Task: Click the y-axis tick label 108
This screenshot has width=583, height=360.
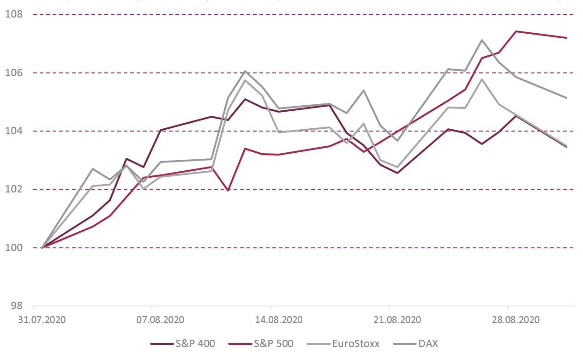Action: pyautogui.click(x=14, y=14)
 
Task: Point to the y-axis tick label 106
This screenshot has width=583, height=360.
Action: pyautogui.click(x=14, y=72)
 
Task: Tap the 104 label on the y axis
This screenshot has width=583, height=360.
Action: pyautogui.click(x=14, y=131)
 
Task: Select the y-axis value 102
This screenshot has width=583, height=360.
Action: pyautogui.click(x=14, y=189)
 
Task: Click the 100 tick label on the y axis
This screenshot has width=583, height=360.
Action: pyautogui.click(x=14, y=247)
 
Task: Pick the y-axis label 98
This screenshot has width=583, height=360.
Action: pyautogui.click(x=17, y=306)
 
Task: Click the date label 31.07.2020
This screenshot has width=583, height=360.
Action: pyautogui.click(x=42, y=320)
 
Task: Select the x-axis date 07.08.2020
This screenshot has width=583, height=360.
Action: pyautogui.click(x=160, y=320)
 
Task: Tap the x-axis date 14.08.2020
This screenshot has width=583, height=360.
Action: pyautogui.click(x=279, y=320)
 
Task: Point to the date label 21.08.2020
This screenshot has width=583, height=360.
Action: pyautogui.click(x=397, y=320)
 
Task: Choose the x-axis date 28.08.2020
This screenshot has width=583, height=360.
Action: pyautogui.click(x=516, y=320)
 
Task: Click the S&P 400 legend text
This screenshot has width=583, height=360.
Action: pyautogui.click(x=195, y=343)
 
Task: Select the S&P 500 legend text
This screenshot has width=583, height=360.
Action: pyautogui.click(x=274, y=343)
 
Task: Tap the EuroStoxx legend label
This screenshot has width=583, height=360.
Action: pyautogui.click(x=356, y=343)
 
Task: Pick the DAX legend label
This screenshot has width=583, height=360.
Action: pyautogui.click(x=428, y=343)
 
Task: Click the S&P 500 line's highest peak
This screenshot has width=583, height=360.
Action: pyautogui.click(x=516, y=31)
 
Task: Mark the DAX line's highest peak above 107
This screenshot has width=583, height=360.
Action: pyautogui.click(x=482, y=40)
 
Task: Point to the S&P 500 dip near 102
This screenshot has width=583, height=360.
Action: pyautogui.click(x=228, y=191)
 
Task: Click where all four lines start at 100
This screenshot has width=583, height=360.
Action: pyautogui.click(x=42, y=247)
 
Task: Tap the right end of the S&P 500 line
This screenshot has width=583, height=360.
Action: pyautogui.click(x=566, y=38)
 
